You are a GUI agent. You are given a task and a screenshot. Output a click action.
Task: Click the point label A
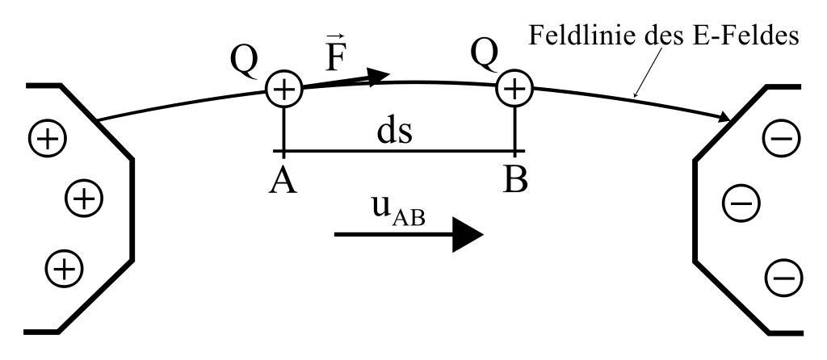pos(283,179)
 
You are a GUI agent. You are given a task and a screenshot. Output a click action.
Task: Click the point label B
pos(515,179)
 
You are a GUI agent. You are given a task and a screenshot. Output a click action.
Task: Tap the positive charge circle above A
pos(283,89)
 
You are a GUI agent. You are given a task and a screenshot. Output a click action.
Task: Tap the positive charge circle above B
pos(514,86)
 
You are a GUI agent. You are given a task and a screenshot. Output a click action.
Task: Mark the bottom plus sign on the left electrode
pos(62,266)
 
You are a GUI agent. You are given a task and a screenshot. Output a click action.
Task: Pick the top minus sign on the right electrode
pos(779,140)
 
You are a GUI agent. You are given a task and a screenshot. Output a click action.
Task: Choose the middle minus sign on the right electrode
pos(738,203)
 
